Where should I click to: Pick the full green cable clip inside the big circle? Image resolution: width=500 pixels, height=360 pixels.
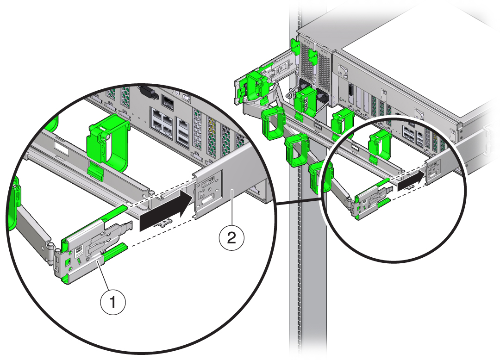pos(107,141)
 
